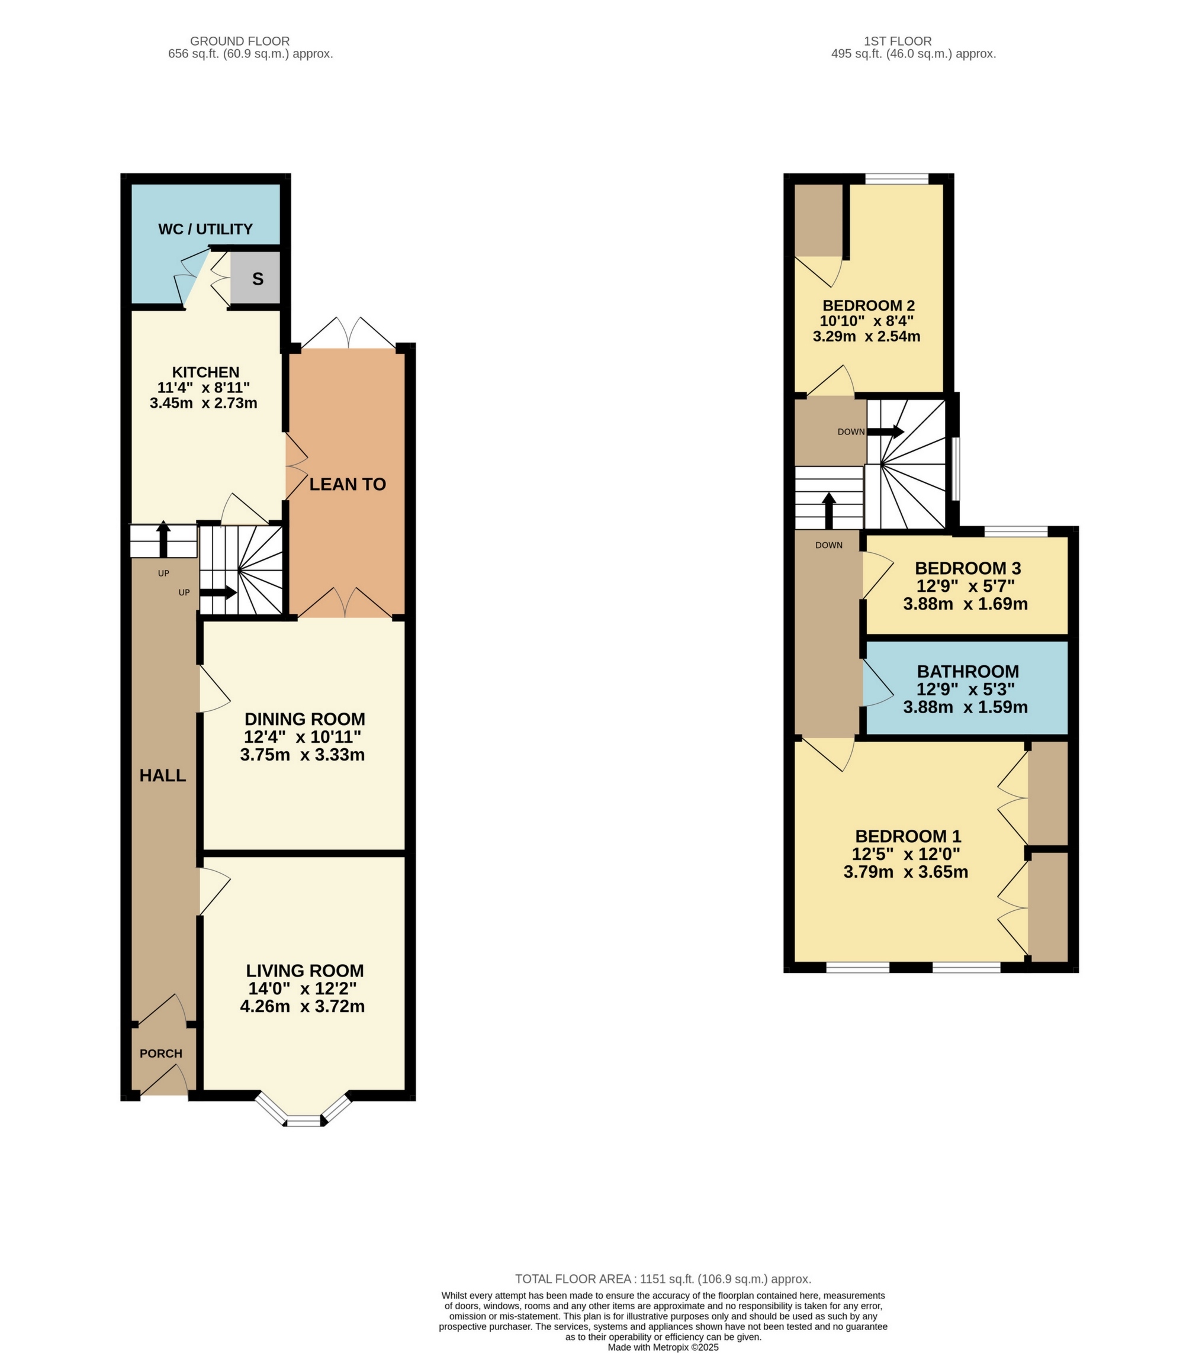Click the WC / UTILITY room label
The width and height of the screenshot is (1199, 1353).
tap(205, 229)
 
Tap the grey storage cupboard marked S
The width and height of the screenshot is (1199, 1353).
tap(258, 279)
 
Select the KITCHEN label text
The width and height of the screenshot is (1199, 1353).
tap(205, 372)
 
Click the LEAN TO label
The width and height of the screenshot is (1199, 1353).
tap(347, 485)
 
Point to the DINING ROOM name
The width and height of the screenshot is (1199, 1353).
tap(304, 719)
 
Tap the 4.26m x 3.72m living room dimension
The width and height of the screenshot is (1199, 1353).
tap(303, 1006)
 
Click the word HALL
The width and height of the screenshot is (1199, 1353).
tap(163, 776)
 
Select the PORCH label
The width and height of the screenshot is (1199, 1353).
tap(161, 1053)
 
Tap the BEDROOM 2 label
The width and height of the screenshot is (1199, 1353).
tap(869, 306)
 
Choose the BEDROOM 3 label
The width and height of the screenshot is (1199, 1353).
tap(967, 568)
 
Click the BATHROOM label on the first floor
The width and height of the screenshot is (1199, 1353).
tap(967, 671)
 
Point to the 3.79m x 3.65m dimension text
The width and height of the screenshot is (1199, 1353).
tap(906, 872)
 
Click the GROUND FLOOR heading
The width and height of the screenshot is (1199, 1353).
tap(240, 41)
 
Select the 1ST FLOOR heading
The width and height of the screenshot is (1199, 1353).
tap(897, 41)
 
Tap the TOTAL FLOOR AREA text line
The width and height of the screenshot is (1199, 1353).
tap(663, 1279)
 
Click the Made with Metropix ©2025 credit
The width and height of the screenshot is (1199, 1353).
tap(663, 1347)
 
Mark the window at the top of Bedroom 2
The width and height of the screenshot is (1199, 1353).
tap(896, 178)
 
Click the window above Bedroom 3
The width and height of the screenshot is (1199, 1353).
tap(1015, 531)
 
